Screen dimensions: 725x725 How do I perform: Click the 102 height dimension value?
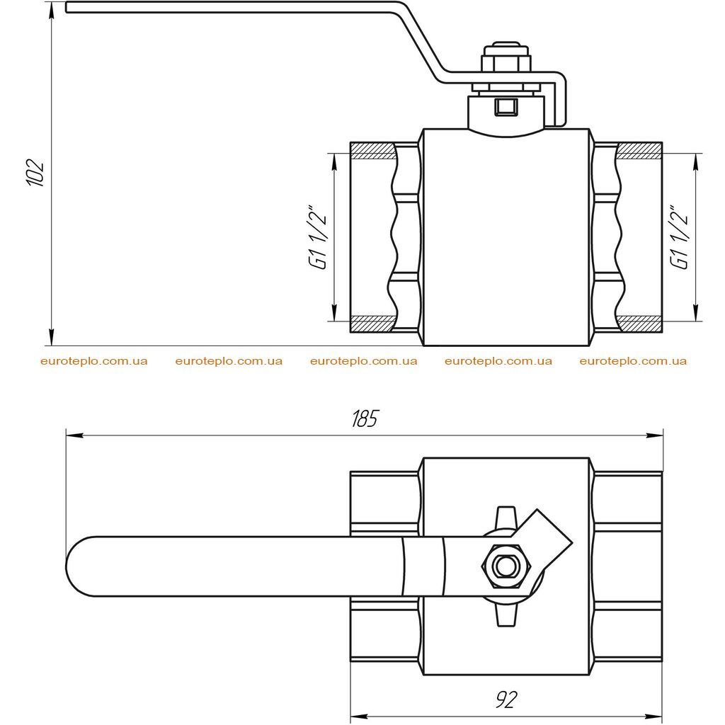[x=35, y=173]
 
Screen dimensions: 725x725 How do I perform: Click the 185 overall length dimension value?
[x=365, y=418]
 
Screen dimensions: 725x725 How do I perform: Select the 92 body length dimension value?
[x=506, y=700]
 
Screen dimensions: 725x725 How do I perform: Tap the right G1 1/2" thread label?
[x=679, y=236]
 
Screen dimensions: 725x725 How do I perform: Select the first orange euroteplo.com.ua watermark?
[x=94, y=361]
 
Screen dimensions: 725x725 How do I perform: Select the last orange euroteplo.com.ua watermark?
[x=633, y=361]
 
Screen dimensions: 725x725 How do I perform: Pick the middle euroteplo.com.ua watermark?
[x=363, y=361]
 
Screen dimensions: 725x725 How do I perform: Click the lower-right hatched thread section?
[x=639, y=324]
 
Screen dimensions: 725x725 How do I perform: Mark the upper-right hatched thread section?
[x=639, y=152]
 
